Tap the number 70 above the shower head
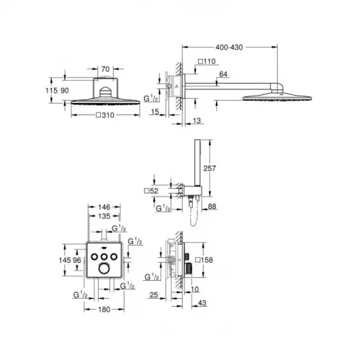105,70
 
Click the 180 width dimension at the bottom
105,310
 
